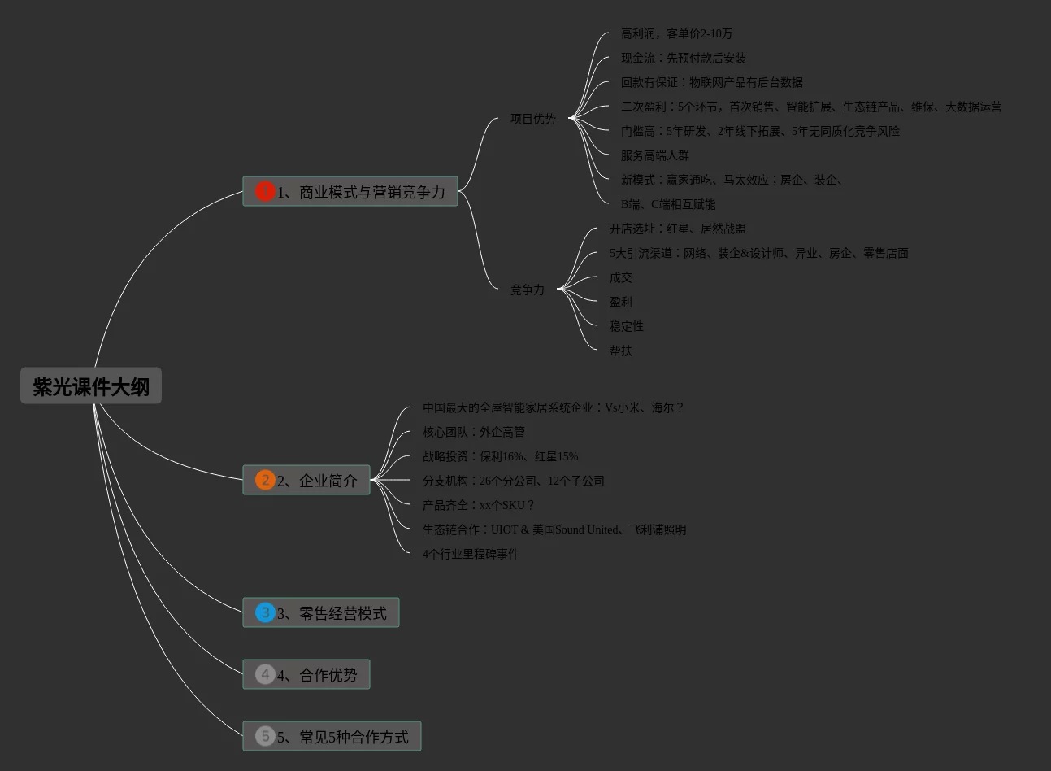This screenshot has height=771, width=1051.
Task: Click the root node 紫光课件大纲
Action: pyautogui.click(x=91, y=386)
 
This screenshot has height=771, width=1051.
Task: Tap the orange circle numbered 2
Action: pyautogui.click(x=265, y=480)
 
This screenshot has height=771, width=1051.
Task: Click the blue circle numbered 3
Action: pyautogui.click(x=265, y=612)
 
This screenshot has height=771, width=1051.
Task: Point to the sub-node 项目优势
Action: pyautogui.click(x=533, y=119)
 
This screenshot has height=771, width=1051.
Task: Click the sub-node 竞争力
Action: pyautogui.click(x=528, y=290)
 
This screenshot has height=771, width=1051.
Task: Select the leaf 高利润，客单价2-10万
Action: pyautogui.click(x=676, y=33)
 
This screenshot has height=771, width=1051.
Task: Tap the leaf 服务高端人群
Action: pyautogui.click(x=654, y=155)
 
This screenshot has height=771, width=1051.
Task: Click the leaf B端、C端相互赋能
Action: pyautogui.click(x=668, y=204)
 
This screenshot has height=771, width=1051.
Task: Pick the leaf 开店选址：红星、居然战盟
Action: pyautogui.click(x=677, y=229)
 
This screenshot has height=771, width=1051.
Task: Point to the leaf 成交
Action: pyautogui.click(x=621, y=277)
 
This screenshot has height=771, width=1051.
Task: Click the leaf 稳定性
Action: pyautogui.click(x=627, y=326)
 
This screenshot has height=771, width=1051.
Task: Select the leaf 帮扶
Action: pyautogui.click(x=621, y=351)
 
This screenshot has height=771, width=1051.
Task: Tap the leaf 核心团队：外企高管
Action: pyautogui.click(x=474, y=432)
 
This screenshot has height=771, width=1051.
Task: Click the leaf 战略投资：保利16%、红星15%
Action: pyautogui.click(x=500, y=456)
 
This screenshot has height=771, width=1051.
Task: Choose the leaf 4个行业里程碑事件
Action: pyautogui.click(x=471, y=554)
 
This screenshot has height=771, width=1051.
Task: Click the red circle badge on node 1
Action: pyautogui.click(x=265, y=191)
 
